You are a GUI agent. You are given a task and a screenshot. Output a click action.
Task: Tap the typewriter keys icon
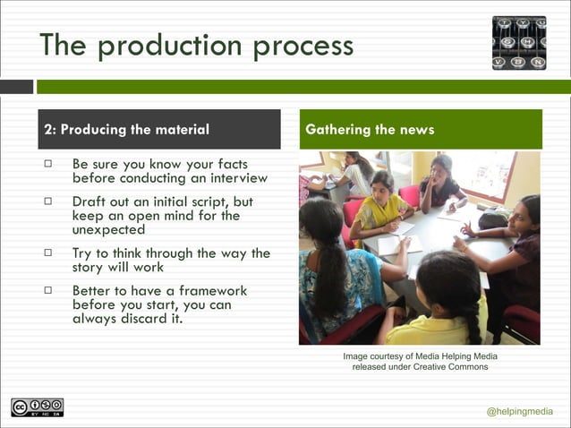pyautogui.click(x=518, y=42)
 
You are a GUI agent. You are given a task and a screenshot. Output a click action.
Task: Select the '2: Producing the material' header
pyautogui.click(x=126, y=130)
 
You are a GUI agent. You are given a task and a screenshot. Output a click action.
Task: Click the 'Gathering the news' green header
pyautogui.click(x=370, y=130)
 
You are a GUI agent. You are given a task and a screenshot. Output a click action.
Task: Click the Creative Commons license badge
pyautogui.click(x=37, y=407)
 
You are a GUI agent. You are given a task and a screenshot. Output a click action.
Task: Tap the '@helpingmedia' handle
pyautogui.click(x=519, y=411)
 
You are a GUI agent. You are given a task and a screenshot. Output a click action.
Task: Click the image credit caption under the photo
pyautogui.click(x=420, y=362)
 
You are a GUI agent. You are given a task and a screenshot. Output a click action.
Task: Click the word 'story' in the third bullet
pyautogui.click(x=91, y=267)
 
